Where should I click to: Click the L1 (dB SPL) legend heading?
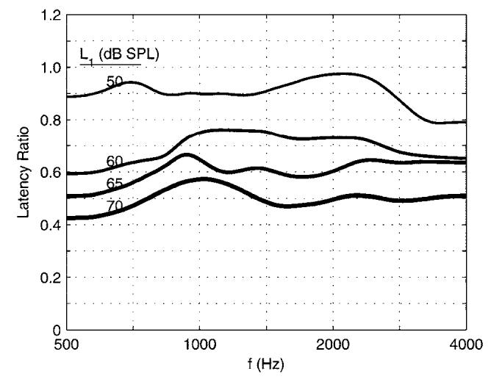coord(111,55)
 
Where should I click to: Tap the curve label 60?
coord(115,162)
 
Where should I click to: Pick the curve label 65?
coord(115,182)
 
